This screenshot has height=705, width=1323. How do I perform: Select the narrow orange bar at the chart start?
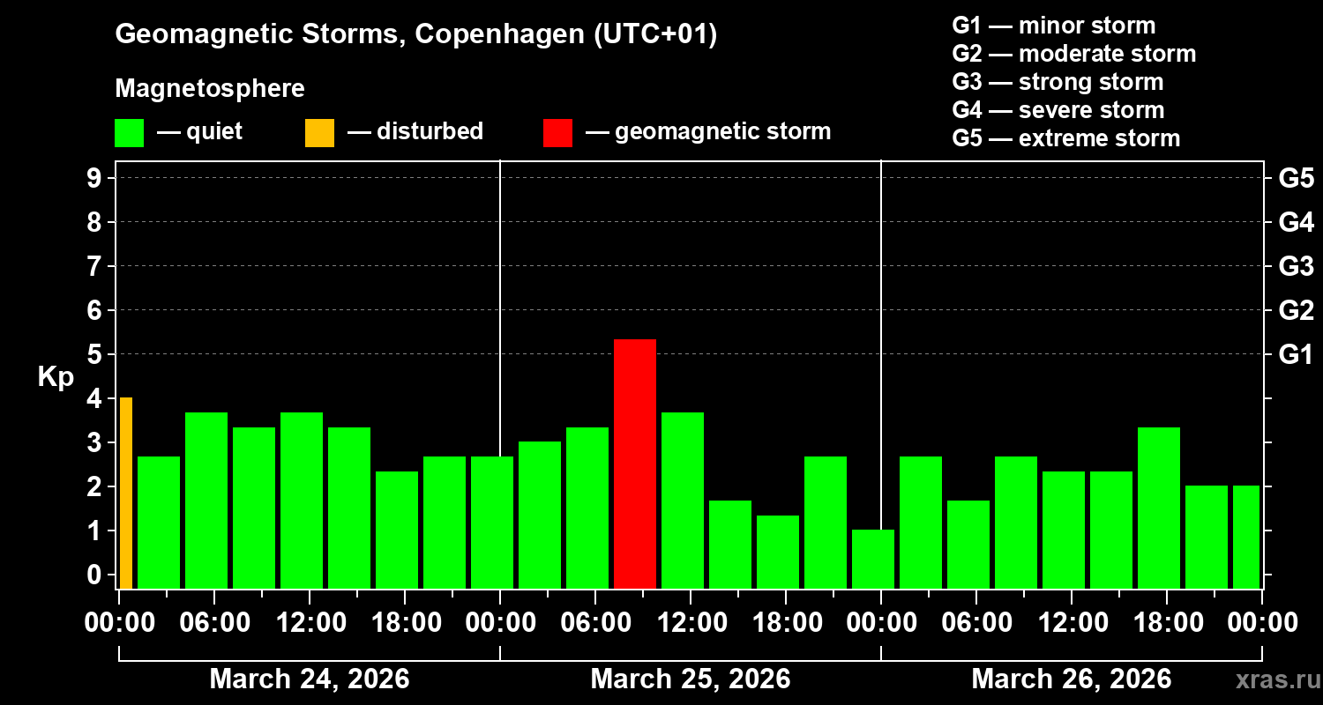pos(126,493)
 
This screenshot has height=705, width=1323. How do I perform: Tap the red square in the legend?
pos(557,132)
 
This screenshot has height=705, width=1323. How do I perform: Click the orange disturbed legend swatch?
pos(319,132)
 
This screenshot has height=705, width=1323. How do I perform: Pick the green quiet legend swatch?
pos(129,132)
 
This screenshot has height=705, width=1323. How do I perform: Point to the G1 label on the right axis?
pos(1296,355)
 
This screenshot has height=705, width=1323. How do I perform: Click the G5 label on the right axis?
pos(1296,179)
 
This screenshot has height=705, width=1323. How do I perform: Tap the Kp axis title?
pos(56,377)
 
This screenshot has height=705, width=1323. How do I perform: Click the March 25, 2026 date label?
pos(690,679)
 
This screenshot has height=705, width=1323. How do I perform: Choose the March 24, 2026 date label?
pos(309,679)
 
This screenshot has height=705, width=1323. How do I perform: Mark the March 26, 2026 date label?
pos(1071,679)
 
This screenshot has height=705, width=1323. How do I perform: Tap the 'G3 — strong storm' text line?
pos(1058,82)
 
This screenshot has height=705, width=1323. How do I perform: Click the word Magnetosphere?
pos(210,89)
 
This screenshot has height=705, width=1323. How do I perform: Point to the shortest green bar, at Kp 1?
pos(873,559)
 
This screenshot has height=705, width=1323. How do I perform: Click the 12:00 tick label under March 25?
pos(691,623)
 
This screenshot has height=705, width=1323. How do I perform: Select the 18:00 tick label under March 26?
pos(1167,623)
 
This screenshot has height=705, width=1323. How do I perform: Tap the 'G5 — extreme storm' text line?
pos(1065,138)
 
